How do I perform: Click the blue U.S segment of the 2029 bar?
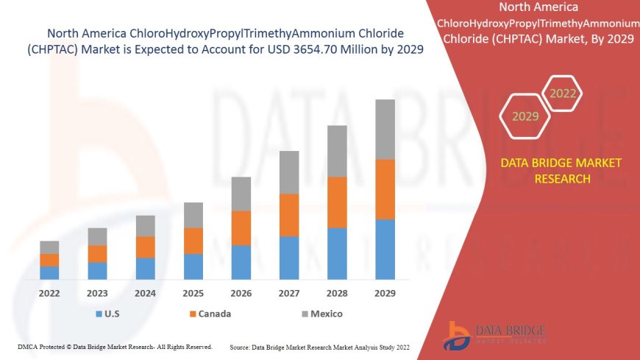coord(385,250)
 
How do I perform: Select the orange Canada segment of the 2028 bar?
coord(337,202)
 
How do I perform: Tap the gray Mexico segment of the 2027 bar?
coord(289,172)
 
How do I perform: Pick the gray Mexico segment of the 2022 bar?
coord(49,247)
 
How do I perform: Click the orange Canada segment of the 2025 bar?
coord(193,241)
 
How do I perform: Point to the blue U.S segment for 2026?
coord(241,262)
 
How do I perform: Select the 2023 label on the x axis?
coord(97,293)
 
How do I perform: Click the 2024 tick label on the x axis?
coord(145,293)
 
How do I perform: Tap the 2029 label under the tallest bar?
coord(385,293)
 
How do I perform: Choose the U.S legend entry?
coord(107,314)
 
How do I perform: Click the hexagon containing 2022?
coord(562,93)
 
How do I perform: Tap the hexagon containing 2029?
coord(525,116)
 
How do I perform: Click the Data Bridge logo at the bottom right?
coord(495,335)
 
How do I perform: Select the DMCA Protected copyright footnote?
coord(115,346)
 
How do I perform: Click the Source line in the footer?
coord(320,346)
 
